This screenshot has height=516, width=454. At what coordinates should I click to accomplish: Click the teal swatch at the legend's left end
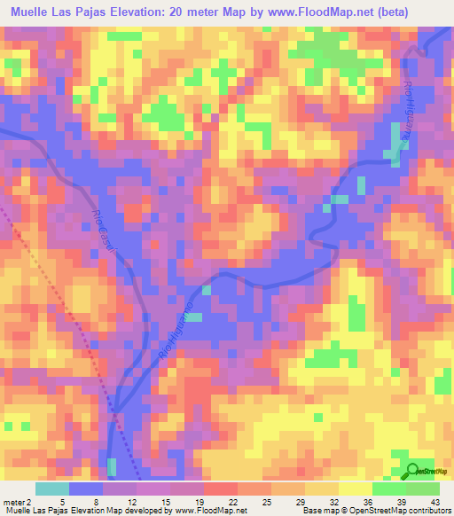pyautogui.click(x=52, y=489)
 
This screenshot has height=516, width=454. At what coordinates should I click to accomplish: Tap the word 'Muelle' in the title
pyautogui.click(x=27, y=12)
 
